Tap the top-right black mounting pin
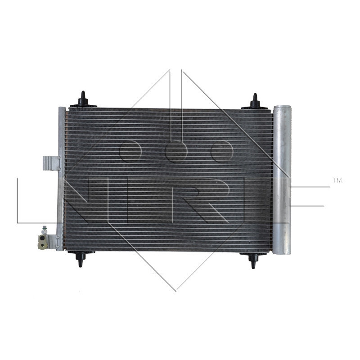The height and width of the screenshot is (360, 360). (255, 102)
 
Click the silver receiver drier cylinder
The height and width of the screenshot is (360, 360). (282, 180)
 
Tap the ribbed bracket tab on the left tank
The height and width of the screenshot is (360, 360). (50, 163)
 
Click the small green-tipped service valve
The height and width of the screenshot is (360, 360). (44, 228)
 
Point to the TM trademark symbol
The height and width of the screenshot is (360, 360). (337, 180)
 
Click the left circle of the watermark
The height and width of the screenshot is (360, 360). (130, 151)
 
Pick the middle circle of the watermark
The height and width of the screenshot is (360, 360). (176, 151)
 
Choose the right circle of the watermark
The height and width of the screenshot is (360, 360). (221, 151)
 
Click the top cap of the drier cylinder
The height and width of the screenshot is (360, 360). (282, 108)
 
